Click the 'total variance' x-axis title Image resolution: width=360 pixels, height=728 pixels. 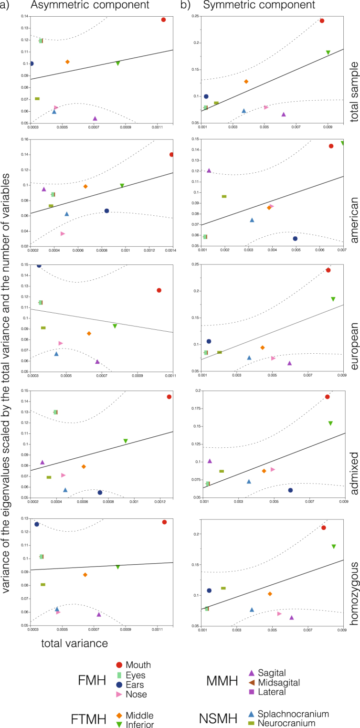(x=74, y=643)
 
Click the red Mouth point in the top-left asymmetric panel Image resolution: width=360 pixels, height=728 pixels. (x=163, y=20)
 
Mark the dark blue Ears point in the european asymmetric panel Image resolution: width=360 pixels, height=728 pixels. (x=39, y=265)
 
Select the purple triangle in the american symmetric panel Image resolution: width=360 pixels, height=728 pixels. (x=209, y=170)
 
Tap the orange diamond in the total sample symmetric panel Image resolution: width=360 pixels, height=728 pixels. (x=246, y=82)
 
